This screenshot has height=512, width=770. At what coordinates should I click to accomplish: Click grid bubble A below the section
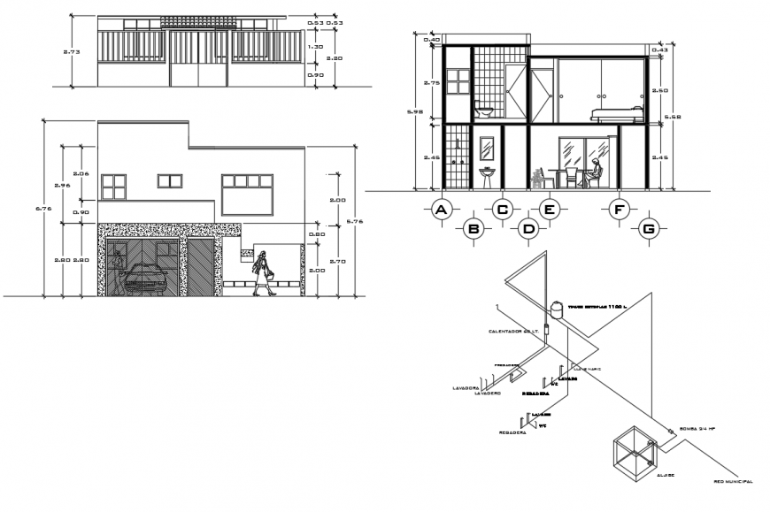click(440, 210)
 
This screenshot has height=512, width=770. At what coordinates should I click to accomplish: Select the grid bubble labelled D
click(529, 228)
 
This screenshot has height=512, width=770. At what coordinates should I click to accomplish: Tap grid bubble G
click(650, 228)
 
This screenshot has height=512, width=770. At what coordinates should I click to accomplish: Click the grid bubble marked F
click(619, 210)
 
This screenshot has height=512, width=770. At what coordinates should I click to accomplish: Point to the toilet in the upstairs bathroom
click(483, 111)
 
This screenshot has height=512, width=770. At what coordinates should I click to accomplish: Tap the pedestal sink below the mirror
click(487, 176)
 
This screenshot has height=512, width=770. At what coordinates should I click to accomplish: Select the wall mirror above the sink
click(487, 147)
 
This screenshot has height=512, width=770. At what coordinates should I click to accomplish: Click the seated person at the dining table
click(597, 173)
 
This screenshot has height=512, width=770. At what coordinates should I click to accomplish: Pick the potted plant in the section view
click(536, 179)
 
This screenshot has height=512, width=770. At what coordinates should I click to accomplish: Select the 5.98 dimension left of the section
click(411, 112)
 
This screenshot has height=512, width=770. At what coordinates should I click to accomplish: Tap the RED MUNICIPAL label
click(734, 482)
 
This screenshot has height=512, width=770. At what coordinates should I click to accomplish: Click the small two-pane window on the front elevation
click(169, 181)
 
